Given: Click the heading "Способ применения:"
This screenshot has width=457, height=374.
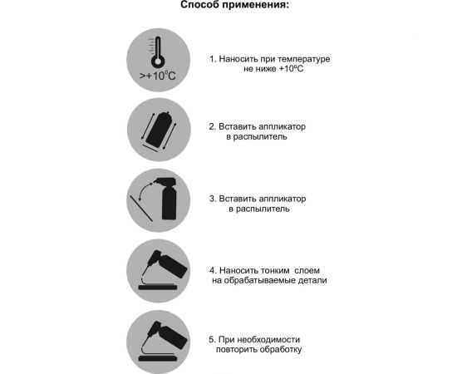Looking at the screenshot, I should tap(235, 7).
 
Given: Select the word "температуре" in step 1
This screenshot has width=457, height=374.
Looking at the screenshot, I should tap(303, 60).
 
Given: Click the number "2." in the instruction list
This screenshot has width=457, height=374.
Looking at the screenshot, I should tap(214, 126).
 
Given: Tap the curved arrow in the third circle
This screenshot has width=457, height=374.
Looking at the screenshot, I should tap(147, 190).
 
